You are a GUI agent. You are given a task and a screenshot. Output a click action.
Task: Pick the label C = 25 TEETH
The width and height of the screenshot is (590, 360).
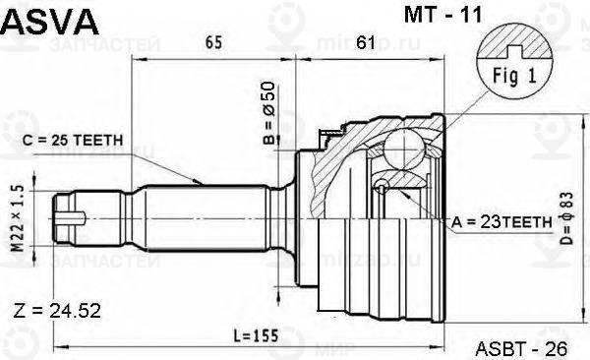pyautogui.click(x=73, y=141)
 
